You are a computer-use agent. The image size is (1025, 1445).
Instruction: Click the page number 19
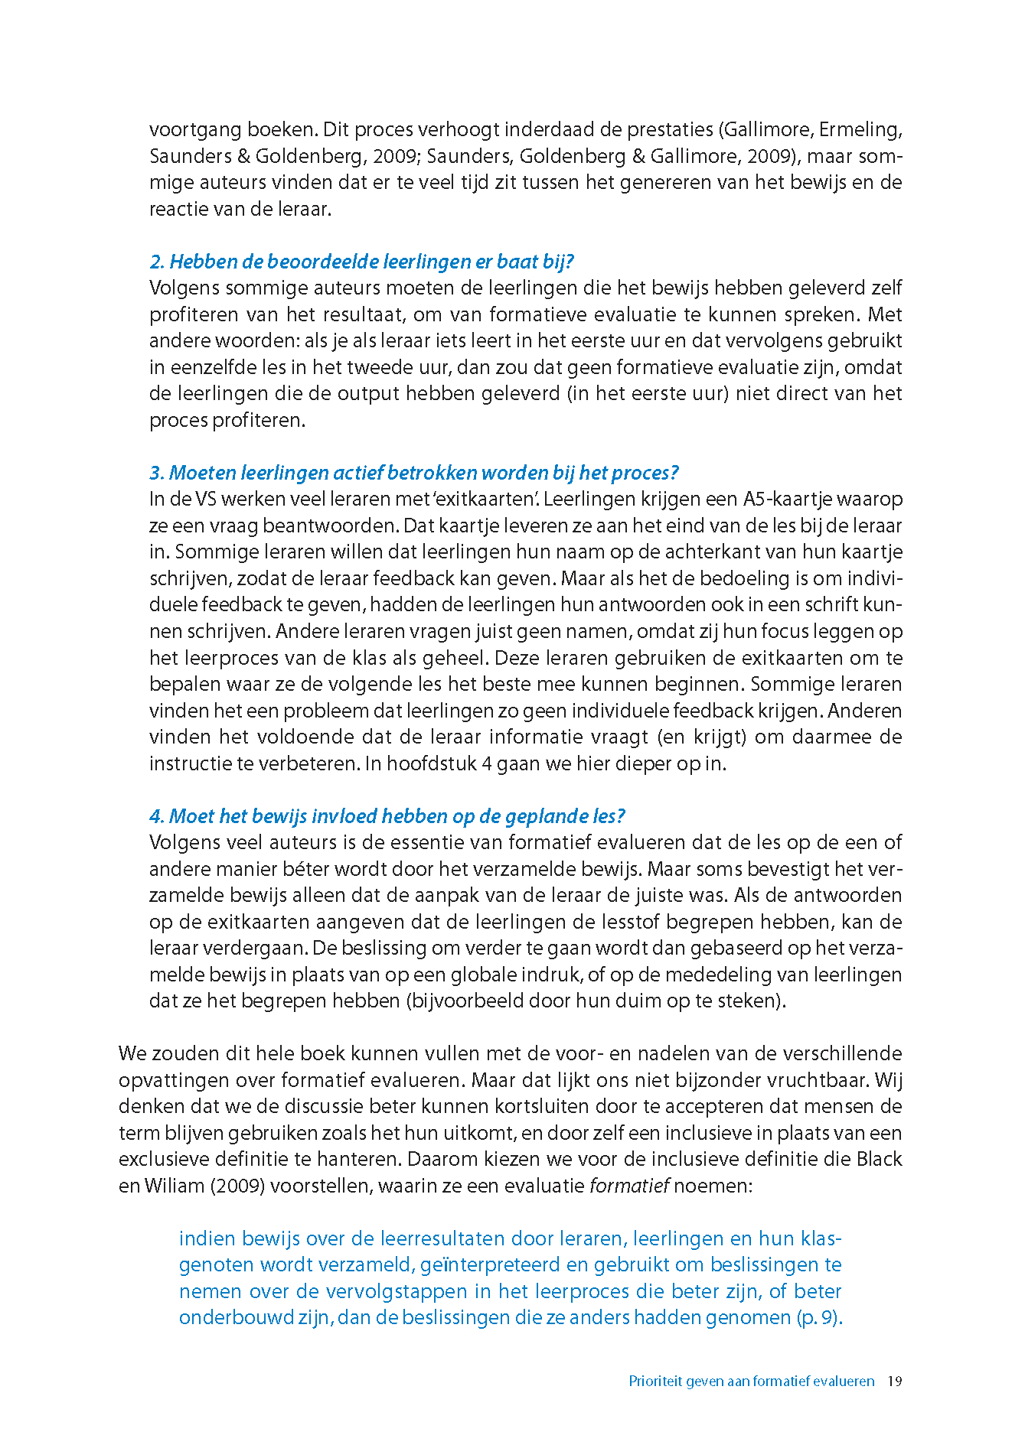click(x=895, y=1381)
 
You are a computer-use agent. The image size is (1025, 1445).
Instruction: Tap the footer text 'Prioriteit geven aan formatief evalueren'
click(x=751, y=1381)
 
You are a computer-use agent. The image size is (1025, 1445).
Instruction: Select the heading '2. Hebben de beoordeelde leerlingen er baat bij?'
click(x=361, y=262)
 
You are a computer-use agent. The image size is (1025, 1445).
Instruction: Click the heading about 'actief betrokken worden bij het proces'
click(x=413, y=473)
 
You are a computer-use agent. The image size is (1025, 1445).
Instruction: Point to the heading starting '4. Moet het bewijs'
click(x=387, y=816)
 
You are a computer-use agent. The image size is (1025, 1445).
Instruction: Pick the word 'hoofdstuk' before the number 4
click(x=431, y=763)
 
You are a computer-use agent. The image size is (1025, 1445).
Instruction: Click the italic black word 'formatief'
click(x=629, y=1186)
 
